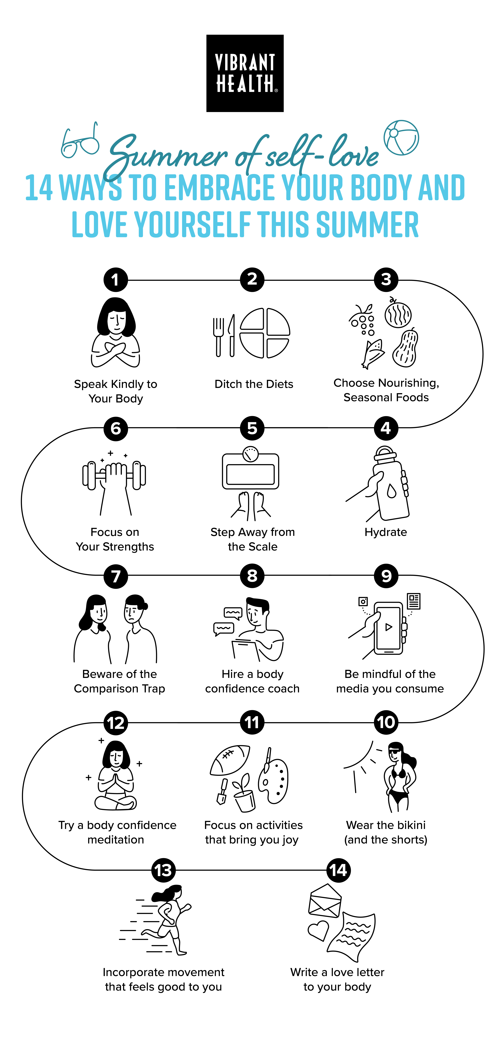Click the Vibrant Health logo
click(245, 73)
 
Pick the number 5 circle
click(252, 428)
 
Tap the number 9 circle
click(386, 576)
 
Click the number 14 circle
click(338, 870)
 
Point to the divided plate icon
click(265, 333)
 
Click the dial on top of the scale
click(250, 454)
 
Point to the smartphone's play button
click(388, 627)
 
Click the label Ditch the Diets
click(254, 384)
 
